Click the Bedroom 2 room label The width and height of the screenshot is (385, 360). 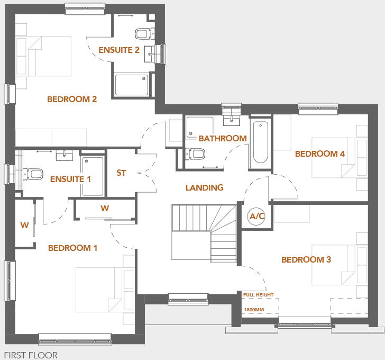pos(72,99)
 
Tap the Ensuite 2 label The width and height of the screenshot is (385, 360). pos(119,50)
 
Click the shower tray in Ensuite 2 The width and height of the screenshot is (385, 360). pos(132,85)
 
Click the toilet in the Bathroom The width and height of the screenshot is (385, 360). pos(197,154)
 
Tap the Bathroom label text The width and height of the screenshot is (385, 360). pos(223,139)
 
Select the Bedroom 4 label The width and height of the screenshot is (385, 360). pos(320,154)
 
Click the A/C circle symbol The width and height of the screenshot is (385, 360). pos(257,216)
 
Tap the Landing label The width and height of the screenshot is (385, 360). pos(204,187)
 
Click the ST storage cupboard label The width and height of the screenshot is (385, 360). pos(121,173)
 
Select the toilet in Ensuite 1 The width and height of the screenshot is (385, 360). pos(34,173)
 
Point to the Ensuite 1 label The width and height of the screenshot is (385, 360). pos(70,179)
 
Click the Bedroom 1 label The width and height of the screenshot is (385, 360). pos(73,248)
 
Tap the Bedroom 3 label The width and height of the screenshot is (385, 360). pos(306,259)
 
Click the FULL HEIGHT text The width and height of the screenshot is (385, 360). pos(259,294)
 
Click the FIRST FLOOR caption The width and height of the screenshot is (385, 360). pos(31,355)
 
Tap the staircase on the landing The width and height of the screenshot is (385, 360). pos(204,233)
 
